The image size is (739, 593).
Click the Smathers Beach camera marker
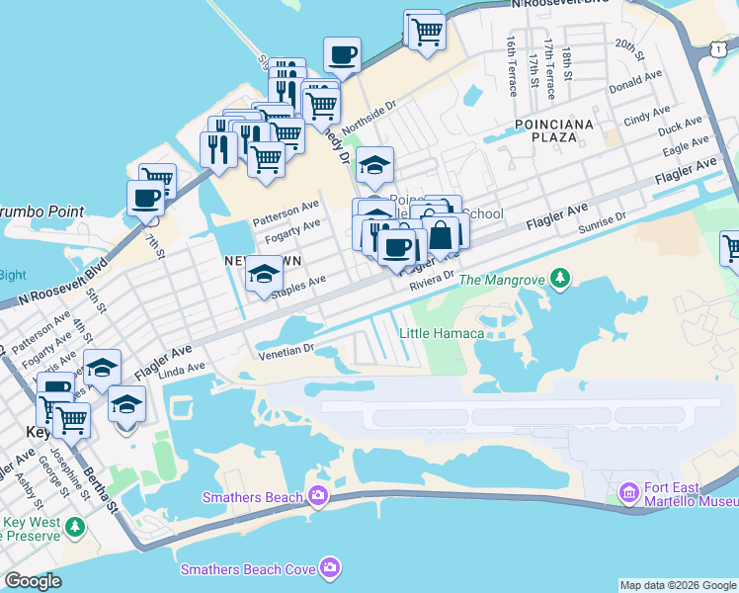coord(317,495)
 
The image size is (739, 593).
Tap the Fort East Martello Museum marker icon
coord(628,491)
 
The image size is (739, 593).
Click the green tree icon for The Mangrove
coord(561,279)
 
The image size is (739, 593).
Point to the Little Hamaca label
coord(442,333)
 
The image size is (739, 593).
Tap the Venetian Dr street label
coord(286,350)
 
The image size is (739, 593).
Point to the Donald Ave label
coord(636,82)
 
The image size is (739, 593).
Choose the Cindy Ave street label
coord(648,117)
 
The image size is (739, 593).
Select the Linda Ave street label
coord(181,368)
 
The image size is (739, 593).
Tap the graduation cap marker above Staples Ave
coord(264,274)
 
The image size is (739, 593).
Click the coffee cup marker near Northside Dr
coord(342,55)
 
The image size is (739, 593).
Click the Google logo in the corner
coord(33,581)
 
